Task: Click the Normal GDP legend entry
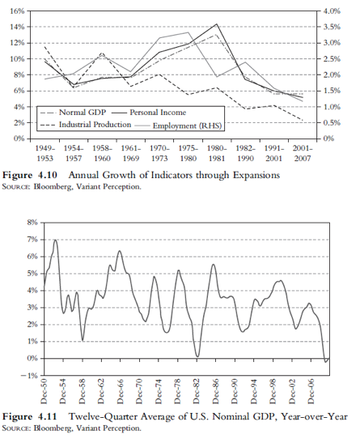click(73, 113)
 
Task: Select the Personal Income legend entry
click(149, 113)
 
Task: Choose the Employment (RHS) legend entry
click(179, 126)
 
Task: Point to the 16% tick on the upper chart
click(17, 11)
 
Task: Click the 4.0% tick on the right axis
click(332, 11)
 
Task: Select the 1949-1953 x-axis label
click(45, 153)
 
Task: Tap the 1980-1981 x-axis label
click(217, 153)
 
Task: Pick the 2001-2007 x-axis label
click(303, 153)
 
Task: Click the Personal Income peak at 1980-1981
click(217, 24)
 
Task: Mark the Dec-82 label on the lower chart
click(197, 392)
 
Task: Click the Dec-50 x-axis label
click(44, 392)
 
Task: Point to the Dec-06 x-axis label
click(311, 392)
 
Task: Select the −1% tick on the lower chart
click(30, 376)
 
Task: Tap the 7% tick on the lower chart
click(32, 240)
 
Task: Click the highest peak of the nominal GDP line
click(55, 240)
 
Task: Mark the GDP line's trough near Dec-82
click(197, 356)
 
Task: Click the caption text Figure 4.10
click(30, 175)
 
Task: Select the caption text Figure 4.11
click(30, 417)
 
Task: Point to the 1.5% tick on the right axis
click(332, 91)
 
